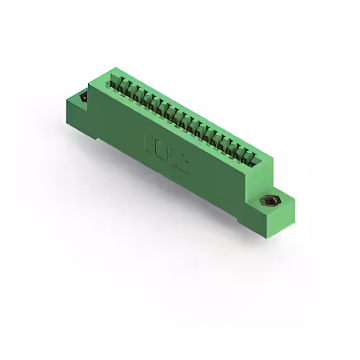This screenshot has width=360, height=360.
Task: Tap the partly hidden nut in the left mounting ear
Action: (84, 98)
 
